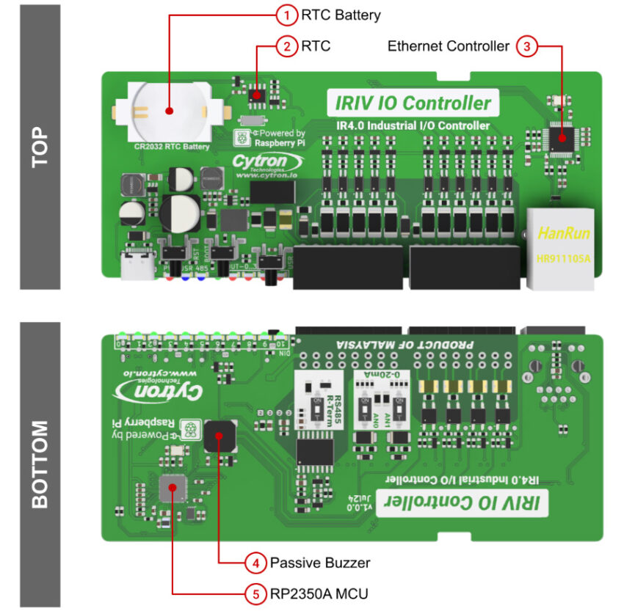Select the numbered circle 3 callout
click(x=526, y=46)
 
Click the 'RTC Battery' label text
click(x=341, y=15)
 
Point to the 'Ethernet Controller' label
click(x=448, y=46)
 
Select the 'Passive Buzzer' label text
click(x=320, y=563)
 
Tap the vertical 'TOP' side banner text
click(x=40, y=147)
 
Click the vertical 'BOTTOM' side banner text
click(x=40, y=464)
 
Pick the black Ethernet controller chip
click(x=562, y=137)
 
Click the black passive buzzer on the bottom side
click(x=220, y=437)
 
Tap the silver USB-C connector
click(x=138, y=269)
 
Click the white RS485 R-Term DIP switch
click(x=311, y=399)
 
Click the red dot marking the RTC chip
click(x=257, y=93)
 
